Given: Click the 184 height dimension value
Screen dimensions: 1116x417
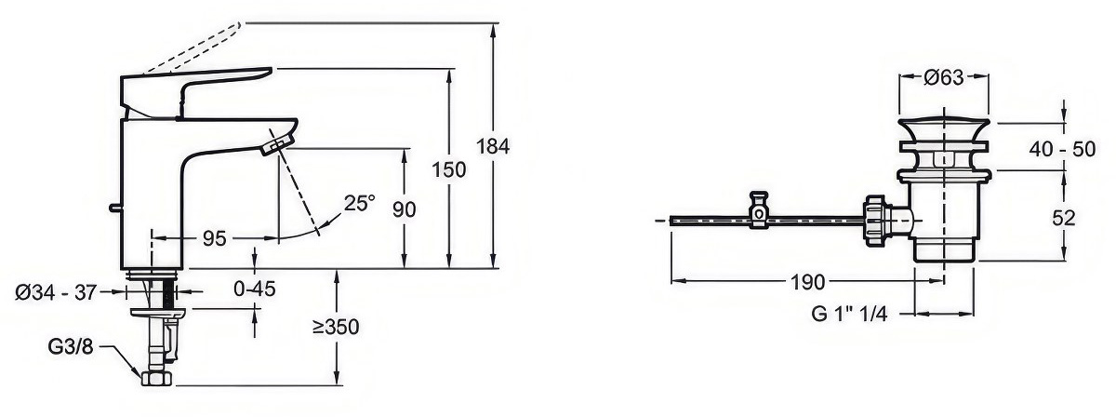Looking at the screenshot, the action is point(493,147).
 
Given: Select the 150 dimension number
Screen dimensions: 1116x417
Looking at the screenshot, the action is point(449,169).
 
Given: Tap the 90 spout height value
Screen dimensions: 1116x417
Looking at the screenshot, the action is point(404,209).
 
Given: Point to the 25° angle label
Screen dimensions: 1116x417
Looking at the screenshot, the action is point(359,204).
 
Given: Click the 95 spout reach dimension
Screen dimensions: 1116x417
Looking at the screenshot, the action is point(215,239).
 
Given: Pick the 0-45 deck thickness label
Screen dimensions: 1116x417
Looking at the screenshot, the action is point(255,289).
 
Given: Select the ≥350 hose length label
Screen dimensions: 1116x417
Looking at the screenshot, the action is point(336,327).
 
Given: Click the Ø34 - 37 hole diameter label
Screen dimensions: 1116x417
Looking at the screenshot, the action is point(55,292).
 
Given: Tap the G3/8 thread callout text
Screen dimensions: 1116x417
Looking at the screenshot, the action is point(71,346).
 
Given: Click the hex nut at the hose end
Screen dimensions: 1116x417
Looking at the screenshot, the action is point(156,378).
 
